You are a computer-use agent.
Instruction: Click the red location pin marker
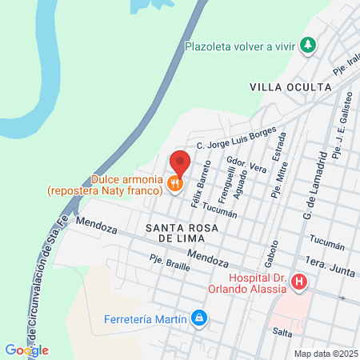(x=180, y=162)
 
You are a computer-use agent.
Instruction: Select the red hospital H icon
(x=299, y=282)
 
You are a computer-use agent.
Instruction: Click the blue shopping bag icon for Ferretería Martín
(x=199, y=320)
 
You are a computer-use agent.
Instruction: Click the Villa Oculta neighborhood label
(x=290, y=86)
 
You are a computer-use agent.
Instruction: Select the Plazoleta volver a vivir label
(x=240, y=46)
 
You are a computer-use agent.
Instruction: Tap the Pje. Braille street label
(x=167, y=262)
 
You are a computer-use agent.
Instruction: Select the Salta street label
(x=281, y=331)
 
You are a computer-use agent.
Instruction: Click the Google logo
(x=26, y=350)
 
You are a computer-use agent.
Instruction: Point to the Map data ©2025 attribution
(x=324, y=353)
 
